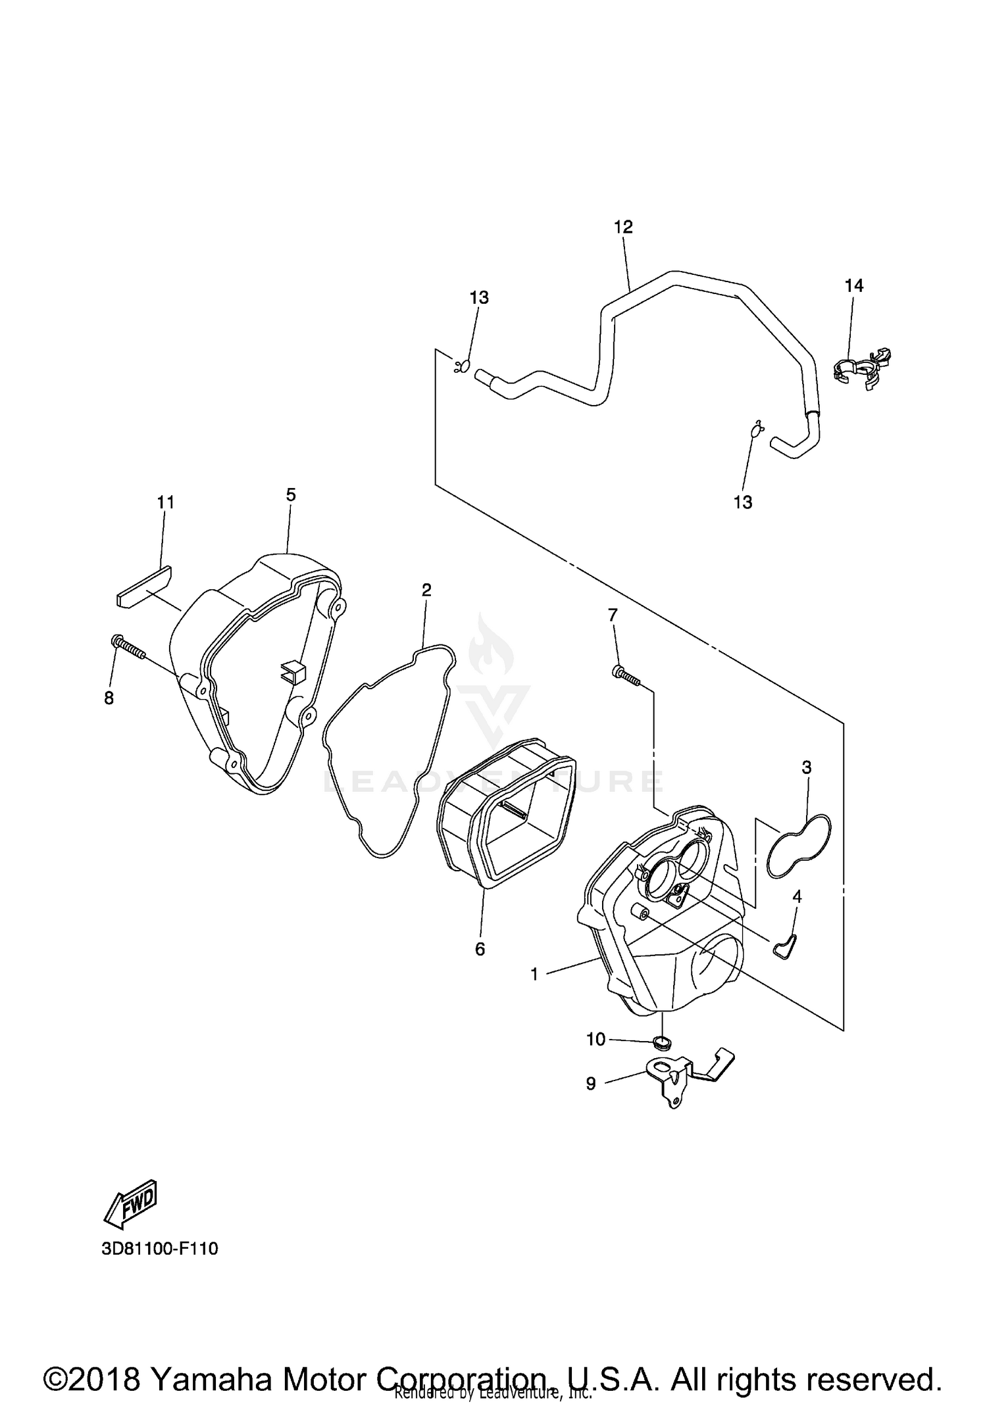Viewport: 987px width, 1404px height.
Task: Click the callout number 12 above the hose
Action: click(622, 227)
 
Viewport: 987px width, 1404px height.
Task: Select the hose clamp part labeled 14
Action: click(860, 370)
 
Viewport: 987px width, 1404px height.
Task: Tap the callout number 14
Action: click(853, 285)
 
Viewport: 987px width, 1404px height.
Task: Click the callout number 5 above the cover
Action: click(291, 495)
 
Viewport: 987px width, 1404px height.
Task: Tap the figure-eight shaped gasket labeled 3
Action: click(799, 846)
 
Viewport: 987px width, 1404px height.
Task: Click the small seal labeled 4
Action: click(786, 946)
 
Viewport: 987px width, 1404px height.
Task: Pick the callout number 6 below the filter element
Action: click(480, 949)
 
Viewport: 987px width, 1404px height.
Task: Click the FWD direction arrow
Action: click(131, 1203)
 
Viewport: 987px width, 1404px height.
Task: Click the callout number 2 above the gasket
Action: click(426, 590)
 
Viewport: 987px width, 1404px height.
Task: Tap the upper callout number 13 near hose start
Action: click(479, 298)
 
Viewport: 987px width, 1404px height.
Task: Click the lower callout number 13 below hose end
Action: click(742, 502)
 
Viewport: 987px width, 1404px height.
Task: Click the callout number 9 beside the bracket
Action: click(590, 1083)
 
